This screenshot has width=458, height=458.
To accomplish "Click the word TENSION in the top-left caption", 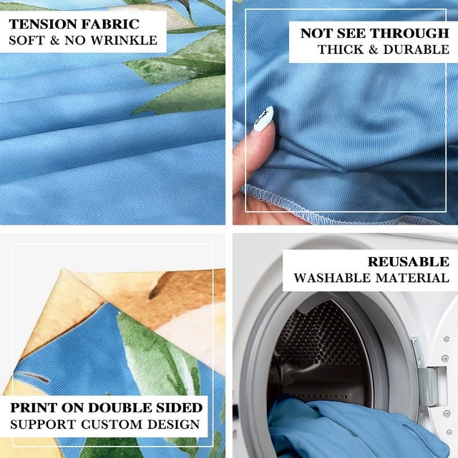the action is (x=44, y=24).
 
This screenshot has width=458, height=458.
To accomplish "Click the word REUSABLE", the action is (x=409, y=261).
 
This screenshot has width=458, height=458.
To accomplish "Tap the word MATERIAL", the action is (x=412, y=278).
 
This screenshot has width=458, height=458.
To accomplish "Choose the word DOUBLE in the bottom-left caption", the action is (x=120, y=408).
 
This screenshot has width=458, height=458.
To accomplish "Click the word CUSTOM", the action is (x=112, y=424).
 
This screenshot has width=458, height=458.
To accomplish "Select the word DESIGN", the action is (x=174, y=424).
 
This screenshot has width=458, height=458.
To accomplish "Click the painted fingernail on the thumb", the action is (x=263, y=119).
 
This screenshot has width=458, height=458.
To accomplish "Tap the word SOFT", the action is (x=27, y=40).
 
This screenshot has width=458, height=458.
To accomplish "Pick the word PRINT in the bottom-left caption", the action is (x=33, y=408).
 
